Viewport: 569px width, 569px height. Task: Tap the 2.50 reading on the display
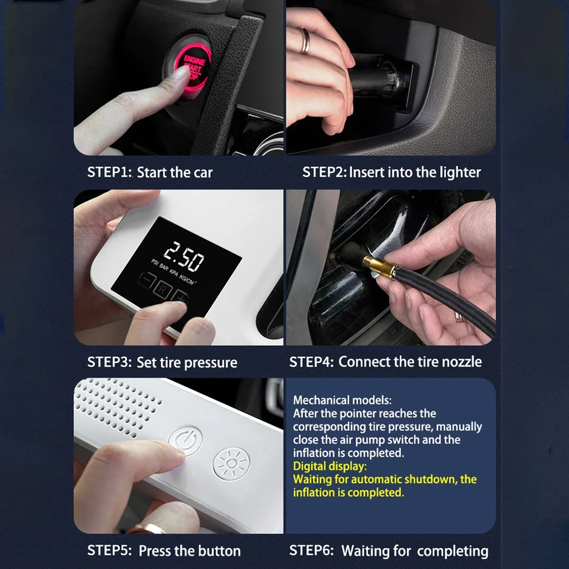click(x=184, y=256)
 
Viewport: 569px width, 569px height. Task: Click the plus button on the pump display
click(x=180, y=297)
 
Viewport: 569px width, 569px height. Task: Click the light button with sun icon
click(x=232, y=464)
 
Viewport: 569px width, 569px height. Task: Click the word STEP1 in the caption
click(x=109, y=172)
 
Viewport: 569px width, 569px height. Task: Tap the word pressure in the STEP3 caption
click(x=211, y=363)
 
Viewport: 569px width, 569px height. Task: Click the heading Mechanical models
click(x=342, y=400)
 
